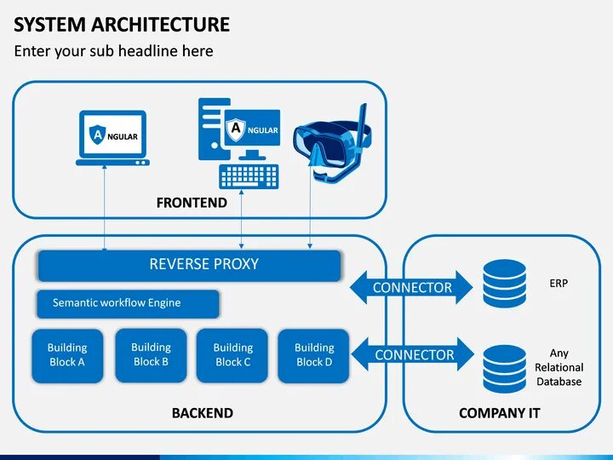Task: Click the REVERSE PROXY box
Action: click(x=189, y=266)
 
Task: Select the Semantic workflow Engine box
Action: click(x=128, y=303)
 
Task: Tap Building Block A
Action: click(x=67, y=355)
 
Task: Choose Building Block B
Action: click(x=151, y=354)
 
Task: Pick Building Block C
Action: click(x=232, y=355)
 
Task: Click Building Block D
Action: click(x=313, y=355)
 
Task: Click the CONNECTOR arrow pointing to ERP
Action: click(x=411, y=287)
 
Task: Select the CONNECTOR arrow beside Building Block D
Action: click(x=413, y=354)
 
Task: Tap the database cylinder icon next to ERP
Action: click(x=504, y=283)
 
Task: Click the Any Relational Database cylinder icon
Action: click(x=504, y=369)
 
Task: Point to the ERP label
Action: click(x=559, y=283)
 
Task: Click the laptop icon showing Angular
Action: click(x=112, y=138)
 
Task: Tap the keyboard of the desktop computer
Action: click(x=249, y=176)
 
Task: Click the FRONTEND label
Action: click(x=192, y=203)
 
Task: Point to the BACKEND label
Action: click(x=203, y=413)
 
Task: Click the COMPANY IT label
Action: click(x=499, y=413)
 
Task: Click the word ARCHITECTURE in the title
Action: click(x=160, y=24)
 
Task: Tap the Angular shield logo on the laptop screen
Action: click(x=97, y=135)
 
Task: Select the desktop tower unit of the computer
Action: click(x=212, y=129)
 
